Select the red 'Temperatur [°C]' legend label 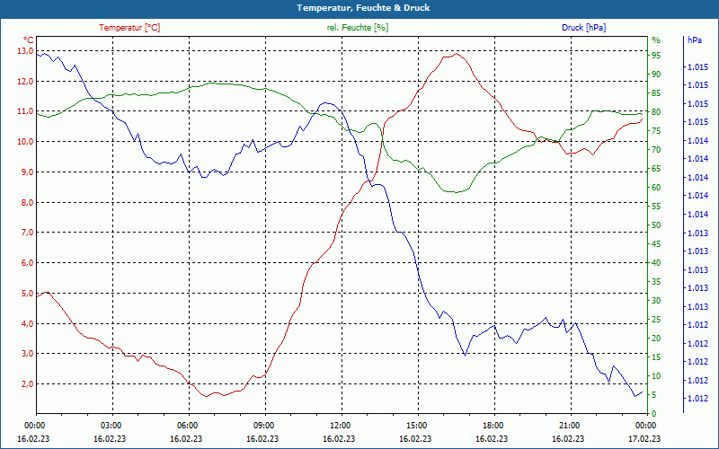click(x=129, y=28)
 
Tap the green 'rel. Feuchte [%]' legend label click(x=358, y=28)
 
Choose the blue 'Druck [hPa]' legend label click(x=583, y=28)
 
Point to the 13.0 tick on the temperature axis click(x=24, y=51)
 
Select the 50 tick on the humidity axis click(x=656, y=225)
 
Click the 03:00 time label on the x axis click(x=111, y=425)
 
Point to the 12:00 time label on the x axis click(x=341, y=425)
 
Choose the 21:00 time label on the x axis click(x=570, y=425)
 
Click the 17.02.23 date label click(x=644, y=438)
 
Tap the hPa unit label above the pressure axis click(x=694, y=40)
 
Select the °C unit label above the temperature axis click(x=28, y=40)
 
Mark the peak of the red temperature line click(x=457, y=54)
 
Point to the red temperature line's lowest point click(x=207, y=396)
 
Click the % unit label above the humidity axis click(x=655, y=40)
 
